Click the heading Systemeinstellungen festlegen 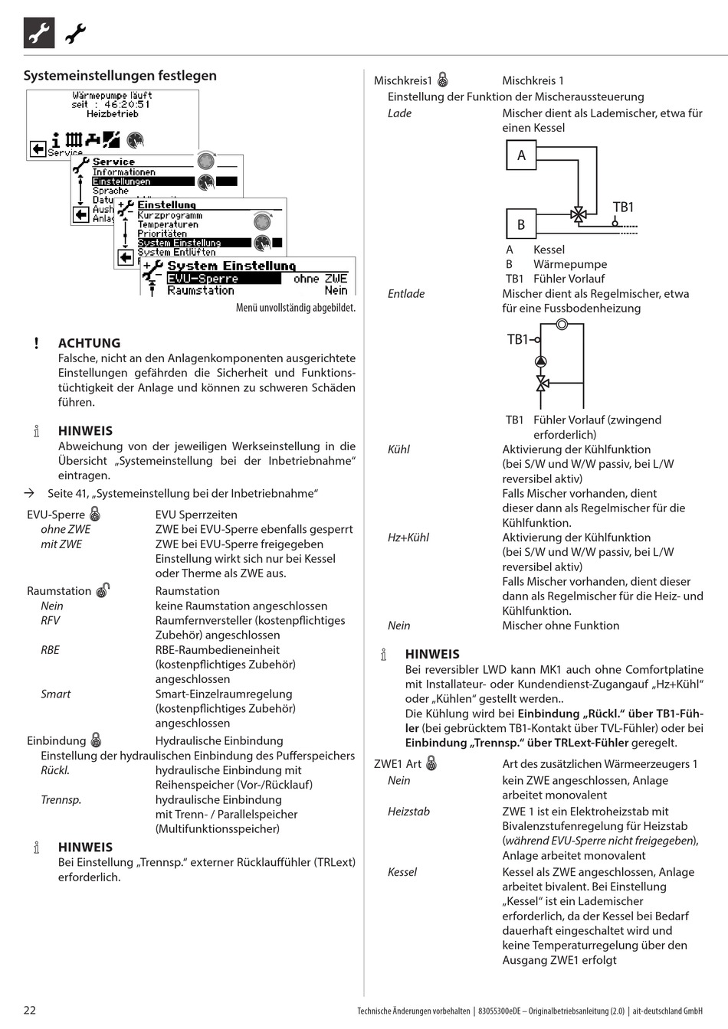tap(120, 75)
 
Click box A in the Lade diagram tap(521, 155)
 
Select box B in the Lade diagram tap(521, 224)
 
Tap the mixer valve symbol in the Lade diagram tap(579, 215)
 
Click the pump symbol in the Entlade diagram tap(542, 361)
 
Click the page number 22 tap(29, 1010)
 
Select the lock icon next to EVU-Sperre tap(95, 514)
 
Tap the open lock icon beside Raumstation tap(103, 590)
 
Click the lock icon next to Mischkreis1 tap(443, 80)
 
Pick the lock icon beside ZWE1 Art tap(431, 763)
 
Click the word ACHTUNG tap(89, 343)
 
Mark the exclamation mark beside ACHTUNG tap(36, 343)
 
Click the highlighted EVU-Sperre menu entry tap(203, 279)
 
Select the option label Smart tap(55, 694)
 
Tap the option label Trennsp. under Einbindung tap(61, 799)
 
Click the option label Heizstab tap(408, 812)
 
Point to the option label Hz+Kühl tap(408, 537)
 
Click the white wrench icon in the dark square tap(39, 33)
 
